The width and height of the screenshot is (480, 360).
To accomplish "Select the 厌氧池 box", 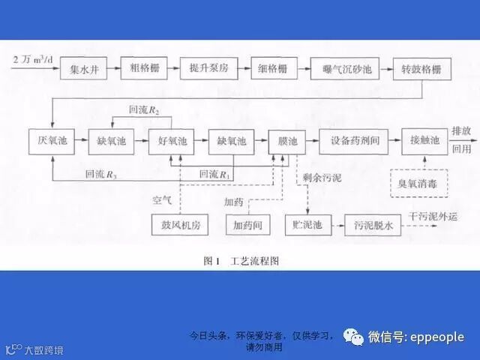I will [52, 141].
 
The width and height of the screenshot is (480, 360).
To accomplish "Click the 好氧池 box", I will [172, 141].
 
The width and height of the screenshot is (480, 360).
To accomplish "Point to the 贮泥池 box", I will [307, 224].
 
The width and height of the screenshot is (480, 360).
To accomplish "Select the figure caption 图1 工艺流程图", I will [240, 261].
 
